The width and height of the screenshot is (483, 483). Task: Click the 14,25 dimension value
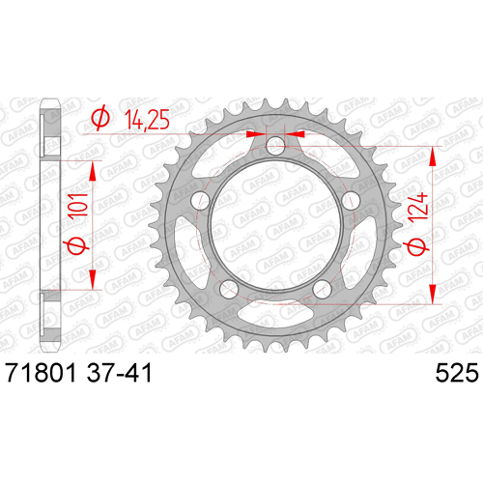(147, 120)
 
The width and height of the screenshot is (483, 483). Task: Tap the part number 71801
(41, 373)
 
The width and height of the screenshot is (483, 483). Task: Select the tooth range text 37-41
(120, 373)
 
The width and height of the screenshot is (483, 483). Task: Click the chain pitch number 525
(457, 373)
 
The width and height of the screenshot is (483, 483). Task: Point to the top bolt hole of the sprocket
(275, 146)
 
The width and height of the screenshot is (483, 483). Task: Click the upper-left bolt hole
(200, 201)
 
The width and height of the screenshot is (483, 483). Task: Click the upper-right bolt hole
(351, 201)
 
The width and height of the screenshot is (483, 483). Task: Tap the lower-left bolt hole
(229, 289)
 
